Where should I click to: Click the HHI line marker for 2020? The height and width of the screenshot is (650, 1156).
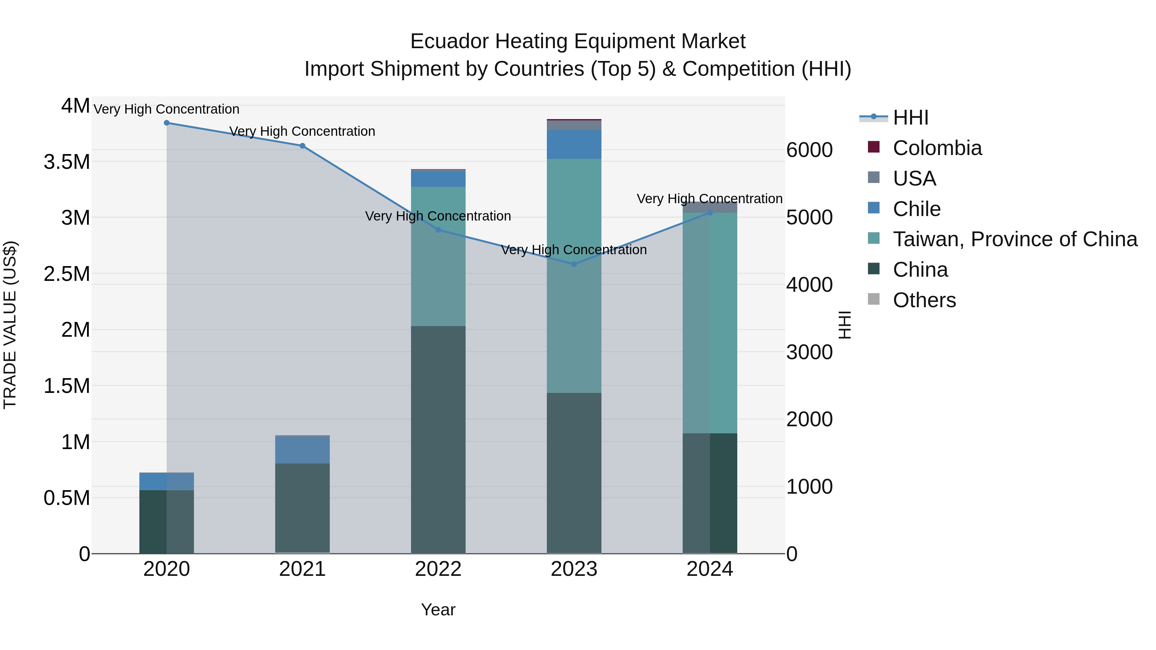click(x=166, y=123)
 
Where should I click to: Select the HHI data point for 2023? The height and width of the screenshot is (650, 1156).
click(x=574, y=264)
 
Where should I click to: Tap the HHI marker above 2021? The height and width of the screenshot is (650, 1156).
click(x=302, y=146)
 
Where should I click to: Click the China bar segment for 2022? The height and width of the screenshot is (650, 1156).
click(x=438, y=440)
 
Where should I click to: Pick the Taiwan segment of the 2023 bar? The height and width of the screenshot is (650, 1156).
click(x=574, y=276)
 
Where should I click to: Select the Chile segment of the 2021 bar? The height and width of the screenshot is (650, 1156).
click(x=302, y=449)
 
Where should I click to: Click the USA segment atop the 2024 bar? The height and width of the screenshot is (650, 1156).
click(x=710, y=207)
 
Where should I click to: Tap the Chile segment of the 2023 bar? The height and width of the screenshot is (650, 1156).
click(x=574, y=144)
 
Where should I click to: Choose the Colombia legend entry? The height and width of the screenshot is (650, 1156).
click(x=937, y=148)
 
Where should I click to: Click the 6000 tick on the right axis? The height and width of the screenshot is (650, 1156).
click(x=809, y=150)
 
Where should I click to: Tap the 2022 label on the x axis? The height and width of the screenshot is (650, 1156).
click(x=438, y=569)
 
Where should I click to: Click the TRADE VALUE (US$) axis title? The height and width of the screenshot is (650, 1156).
click(x=10, y=325)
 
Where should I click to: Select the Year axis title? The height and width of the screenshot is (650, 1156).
click(x=438, y=610)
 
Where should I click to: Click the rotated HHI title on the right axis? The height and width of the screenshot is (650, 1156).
click(x=845, y=325)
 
